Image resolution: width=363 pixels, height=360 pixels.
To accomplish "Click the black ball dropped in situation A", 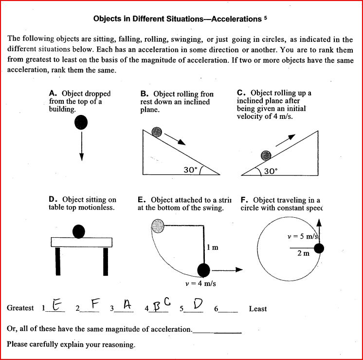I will (x=81, y=122).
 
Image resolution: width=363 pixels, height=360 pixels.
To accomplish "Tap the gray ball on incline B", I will (x=157, y=132).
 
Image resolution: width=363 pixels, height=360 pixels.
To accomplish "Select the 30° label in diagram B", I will (x=191, y=170).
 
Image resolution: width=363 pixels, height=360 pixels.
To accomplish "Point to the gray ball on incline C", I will (x=265, y=155).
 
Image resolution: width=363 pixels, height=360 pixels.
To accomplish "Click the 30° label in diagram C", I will (x=270, y=171).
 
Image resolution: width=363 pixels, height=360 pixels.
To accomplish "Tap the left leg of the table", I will (x=57, y=261).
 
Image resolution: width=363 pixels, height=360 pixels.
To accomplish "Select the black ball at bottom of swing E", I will (x=203, y=269).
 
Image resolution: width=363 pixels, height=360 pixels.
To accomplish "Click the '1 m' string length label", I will (x=212, y=247).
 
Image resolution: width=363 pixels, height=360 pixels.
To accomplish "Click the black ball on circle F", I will (x=319, y=248).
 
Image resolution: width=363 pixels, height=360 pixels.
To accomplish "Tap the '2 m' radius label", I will (x=303, y=253).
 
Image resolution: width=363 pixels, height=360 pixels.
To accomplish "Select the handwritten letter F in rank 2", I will (x=95, y=304).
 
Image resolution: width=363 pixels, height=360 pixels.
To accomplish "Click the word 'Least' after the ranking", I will (x=257, y=309).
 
